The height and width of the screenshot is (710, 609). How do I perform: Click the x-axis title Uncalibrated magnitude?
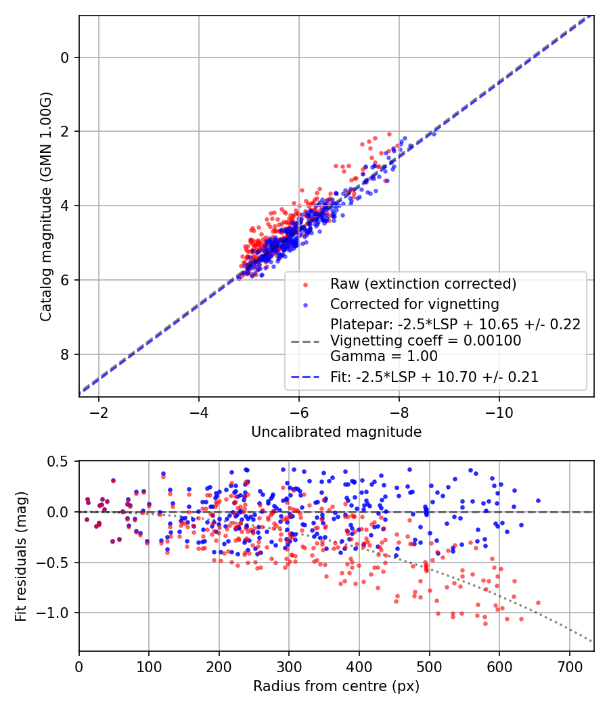[x=336, y=432]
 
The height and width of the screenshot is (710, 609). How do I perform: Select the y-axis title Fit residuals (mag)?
[x=21, y=556]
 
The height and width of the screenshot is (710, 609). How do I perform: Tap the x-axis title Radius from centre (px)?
[x=336, y=686]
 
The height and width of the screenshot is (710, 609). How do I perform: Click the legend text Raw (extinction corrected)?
[x=423, y=283]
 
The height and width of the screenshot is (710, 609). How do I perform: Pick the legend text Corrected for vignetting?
[x=414, y=304]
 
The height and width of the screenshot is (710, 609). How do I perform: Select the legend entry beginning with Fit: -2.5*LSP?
[x=434, y=377]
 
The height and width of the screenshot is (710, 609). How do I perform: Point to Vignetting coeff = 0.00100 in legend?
[x=426, y=341]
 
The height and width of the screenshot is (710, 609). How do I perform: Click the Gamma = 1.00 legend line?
[x=384, y=356]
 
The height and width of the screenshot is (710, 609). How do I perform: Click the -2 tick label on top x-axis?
[x=99, y=412]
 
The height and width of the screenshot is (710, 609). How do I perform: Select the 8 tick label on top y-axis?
[x=65, y=354]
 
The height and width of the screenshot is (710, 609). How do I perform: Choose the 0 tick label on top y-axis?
[x=65, y=57]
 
